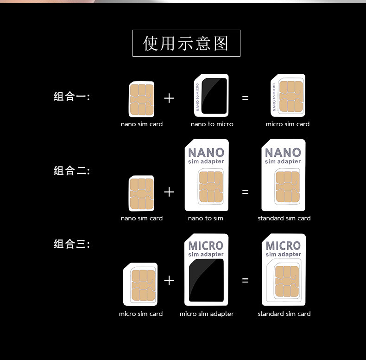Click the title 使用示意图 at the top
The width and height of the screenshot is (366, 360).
pyautogui.click(x=186, y=43)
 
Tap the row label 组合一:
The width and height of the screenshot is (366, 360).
pyautogui.click(x=72, y=96)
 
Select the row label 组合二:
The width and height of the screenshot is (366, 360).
pyautogui.click(x=72, y=171)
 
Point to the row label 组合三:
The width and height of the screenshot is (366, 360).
pyautogui.click(x=72, y=244)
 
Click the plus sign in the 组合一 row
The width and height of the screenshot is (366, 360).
pyautogui.click(x=169, y=98)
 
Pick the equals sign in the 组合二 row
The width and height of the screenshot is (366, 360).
pyautogui.click(x=245, y=192)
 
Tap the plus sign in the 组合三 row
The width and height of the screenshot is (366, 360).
pyautogui.click(x=169, y=280)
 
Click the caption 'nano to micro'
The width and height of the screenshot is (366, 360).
pyautogui.click(x=212, y=124)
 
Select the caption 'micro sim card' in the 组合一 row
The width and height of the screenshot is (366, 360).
pyautogui.click(x=287, y=124)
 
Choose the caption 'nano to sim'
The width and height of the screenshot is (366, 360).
pyautogui.click(x=205, y=218)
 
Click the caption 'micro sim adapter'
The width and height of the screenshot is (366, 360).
pyautogui.click(x=207, y=314)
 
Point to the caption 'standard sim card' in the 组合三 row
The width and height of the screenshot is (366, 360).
pyautogui.click(x=284, y=314)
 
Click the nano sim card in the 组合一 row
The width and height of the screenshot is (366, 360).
pyautogui.click(x=141, y=99)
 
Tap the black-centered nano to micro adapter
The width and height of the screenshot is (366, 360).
pyautogui.click(x=211, y=96)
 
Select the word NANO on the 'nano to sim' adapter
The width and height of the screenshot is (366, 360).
pyautogui.click(x=206, y=152)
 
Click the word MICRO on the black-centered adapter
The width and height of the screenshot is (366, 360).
pyautogui.click(x=206, y=245)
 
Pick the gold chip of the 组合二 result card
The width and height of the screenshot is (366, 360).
pyautogui.click(x=287, y=186)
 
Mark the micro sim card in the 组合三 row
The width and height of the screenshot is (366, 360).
pyautogui.click(x=140, y=284)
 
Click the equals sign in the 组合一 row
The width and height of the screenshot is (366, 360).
pyautogui.click(x=245, y=98)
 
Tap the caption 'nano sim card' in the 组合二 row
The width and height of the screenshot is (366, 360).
pyautogui.click(x=141, y=218)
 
